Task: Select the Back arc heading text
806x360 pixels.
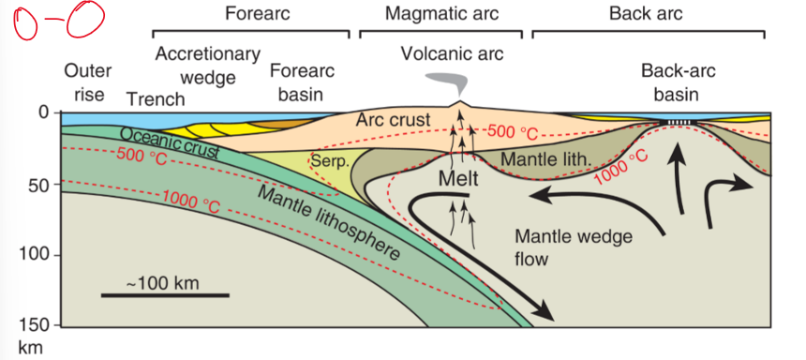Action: (645, 14)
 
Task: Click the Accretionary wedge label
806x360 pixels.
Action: (207, 64)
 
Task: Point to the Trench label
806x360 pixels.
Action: (156, 98)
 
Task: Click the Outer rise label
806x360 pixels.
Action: (88, 82)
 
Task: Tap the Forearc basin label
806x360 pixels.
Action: (302, 82)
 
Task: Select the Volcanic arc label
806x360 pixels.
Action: (452, 54)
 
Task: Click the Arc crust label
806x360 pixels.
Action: (393, 120)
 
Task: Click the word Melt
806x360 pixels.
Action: (459, 176)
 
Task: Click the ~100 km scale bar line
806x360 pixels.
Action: (164, 295)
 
